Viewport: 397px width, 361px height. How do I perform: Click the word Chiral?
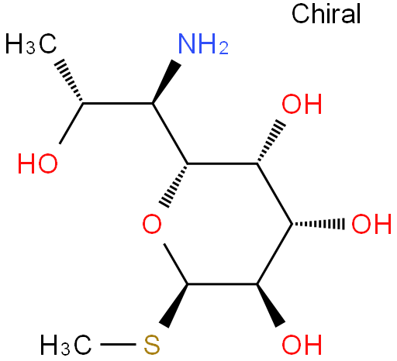326,14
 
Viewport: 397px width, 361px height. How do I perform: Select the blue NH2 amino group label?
203,44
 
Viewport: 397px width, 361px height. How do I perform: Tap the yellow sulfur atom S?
152,345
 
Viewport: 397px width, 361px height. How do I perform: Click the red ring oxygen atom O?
152,224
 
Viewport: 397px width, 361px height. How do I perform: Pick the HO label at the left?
38,163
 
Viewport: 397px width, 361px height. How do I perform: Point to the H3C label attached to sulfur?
66,345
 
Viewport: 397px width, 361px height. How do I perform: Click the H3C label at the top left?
31,43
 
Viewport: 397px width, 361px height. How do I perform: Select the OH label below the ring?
302,345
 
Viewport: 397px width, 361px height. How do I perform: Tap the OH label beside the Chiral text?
302,104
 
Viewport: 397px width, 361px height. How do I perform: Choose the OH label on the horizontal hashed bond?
371,224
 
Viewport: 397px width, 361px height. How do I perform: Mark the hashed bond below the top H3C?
68,81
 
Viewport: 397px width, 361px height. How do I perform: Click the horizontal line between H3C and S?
118,344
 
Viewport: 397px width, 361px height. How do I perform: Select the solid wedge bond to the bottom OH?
271,306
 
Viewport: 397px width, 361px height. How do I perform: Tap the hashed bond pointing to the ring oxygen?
174,185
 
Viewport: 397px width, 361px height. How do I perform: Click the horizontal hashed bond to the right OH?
319,224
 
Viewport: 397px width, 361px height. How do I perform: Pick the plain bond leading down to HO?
71,123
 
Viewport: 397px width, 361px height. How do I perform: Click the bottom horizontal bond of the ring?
223,284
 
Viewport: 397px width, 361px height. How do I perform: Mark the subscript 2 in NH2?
223,48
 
